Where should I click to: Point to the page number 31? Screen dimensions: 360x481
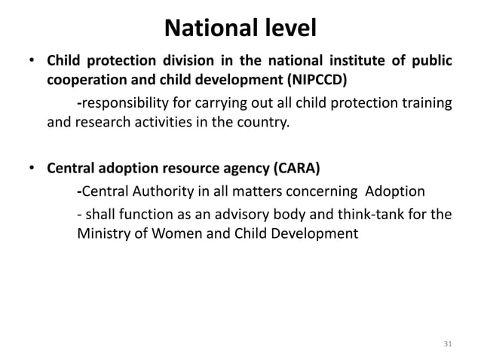coord(449,344)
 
